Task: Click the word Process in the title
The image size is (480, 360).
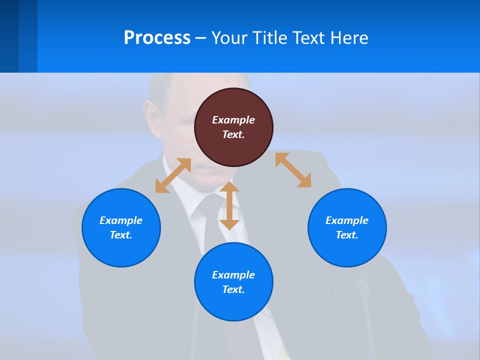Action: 157,38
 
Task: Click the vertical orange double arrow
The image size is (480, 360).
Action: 229,205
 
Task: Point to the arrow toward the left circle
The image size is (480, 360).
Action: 173,175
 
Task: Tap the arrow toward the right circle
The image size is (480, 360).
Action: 293,170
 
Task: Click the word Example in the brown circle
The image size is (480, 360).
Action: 233,120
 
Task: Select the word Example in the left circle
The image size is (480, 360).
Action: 121,220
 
